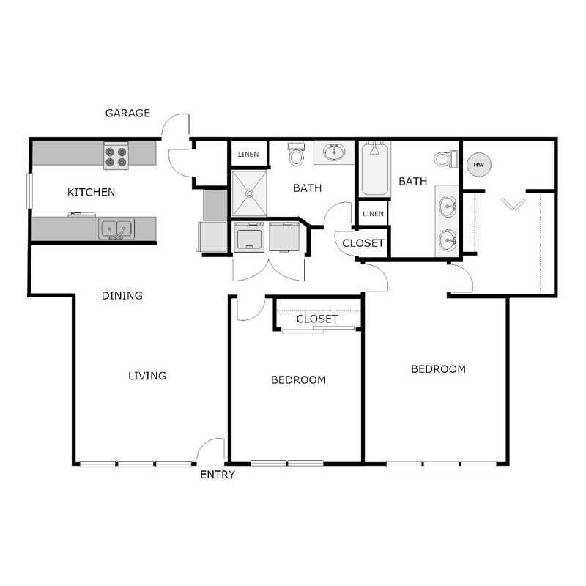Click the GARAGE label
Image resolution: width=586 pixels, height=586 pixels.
click(127, 113)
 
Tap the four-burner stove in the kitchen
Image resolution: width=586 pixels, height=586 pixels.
click(116, 156)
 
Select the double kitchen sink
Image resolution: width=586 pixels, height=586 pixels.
click(116, 229)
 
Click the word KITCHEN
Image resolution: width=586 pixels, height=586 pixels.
click(91, 192)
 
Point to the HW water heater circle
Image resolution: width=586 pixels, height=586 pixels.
click(479, 164)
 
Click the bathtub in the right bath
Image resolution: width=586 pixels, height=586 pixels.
click(375, 169)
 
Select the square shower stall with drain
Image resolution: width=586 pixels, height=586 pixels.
click(249, 193)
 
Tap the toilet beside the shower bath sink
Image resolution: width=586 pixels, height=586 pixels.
click(297, 154)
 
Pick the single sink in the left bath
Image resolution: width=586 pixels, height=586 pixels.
click(334, 152)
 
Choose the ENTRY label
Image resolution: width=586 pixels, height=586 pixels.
click(218, 475)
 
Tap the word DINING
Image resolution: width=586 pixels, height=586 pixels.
click(122, 296)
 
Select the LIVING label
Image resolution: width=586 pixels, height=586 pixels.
click(147, 376)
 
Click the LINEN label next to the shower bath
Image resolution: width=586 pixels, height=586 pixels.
click(248, 154)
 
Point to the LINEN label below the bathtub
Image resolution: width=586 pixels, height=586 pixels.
click(373, 214)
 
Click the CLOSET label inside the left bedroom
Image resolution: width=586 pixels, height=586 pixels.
click(317, 319)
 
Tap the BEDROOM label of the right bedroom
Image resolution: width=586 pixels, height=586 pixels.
click(438, 369)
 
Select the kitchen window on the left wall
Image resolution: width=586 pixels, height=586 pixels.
click(29, 191)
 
